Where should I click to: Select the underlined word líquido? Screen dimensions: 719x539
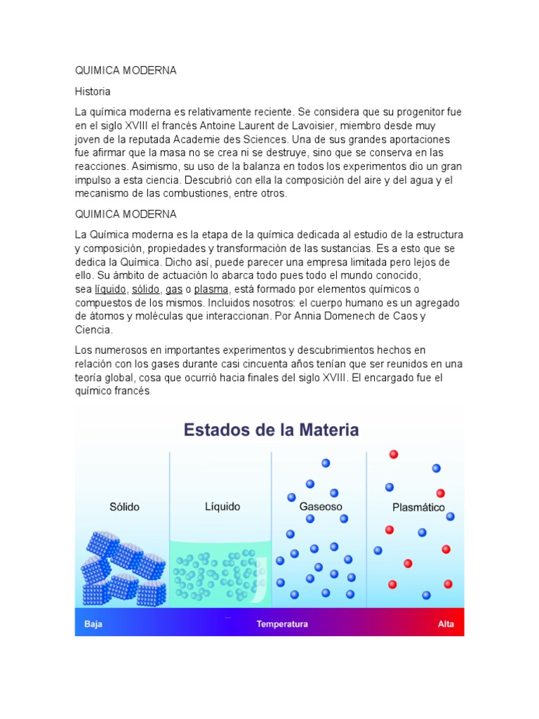pos(111,289)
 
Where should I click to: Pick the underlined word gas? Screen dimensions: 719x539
pos(174,289)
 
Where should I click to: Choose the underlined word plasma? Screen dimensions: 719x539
pos(211,289)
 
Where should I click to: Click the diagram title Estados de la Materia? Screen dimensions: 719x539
pos(271,429)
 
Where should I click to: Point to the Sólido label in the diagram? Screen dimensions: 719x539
pos(124,506)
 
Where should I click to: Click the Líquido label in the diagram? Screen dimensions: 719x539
pos(222,506)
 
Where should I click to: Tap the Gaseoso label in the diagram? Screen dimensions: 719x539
pos(321,506)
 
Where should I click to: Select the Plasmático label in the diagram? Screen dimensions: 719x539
pos(418,507)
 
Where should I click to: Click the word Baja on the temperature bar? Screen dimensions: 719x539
pos(93,624)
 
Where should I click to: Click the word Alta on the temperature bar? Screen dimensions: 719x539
pos(446,624)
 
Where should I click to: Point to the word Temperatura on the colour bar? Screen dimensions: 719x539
pos(282,624)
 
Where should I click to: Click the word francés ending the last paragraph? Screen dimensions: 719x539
pos(131,390)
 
